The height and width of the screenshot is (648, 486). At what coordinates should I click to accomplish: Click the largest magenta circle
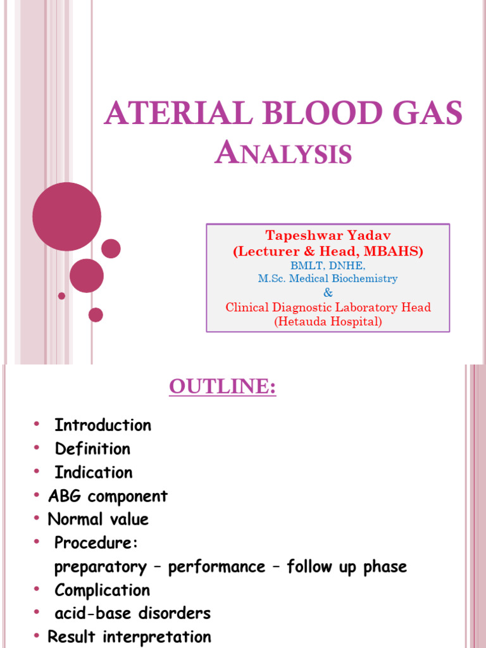tap(66, 216)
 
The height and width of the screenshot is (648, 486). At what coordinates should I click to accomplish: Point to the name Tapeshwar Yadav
tap(328, 235)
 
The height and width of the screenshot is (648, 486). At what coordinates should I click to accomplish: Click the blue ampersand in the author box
tap(328, 293)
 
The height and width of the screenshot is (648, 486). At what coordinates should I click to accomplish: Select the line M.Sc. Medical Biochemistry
tap(328, 278)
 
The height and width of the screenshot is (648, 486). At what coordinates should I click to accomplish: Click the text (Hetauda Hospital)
tap(328, 321)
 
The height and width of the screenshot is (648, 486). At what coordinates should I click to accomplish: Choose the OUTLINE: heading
tap(223, 387)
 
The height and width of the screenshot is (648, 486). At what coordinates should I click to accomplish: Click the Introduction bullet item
tap(103, 425)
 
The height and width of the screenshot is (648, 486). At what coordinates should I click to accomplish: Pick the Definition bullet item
tap(92, 449)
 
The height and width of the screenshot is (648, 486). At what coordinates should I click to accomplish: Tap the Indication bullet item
tap(94, 473)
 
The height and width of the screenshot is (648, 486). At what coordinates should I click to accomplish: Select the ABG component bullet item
tap(108, 496)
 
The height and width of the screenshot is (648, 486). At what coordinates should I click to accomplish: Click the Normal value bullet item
tap(98, 520)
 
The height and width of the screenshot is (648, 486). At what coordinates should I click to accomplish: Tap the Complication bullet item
tap(103, 590)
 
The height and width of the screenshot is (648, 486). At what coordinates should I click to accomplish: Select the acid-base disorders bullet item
tap(132, 613)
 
